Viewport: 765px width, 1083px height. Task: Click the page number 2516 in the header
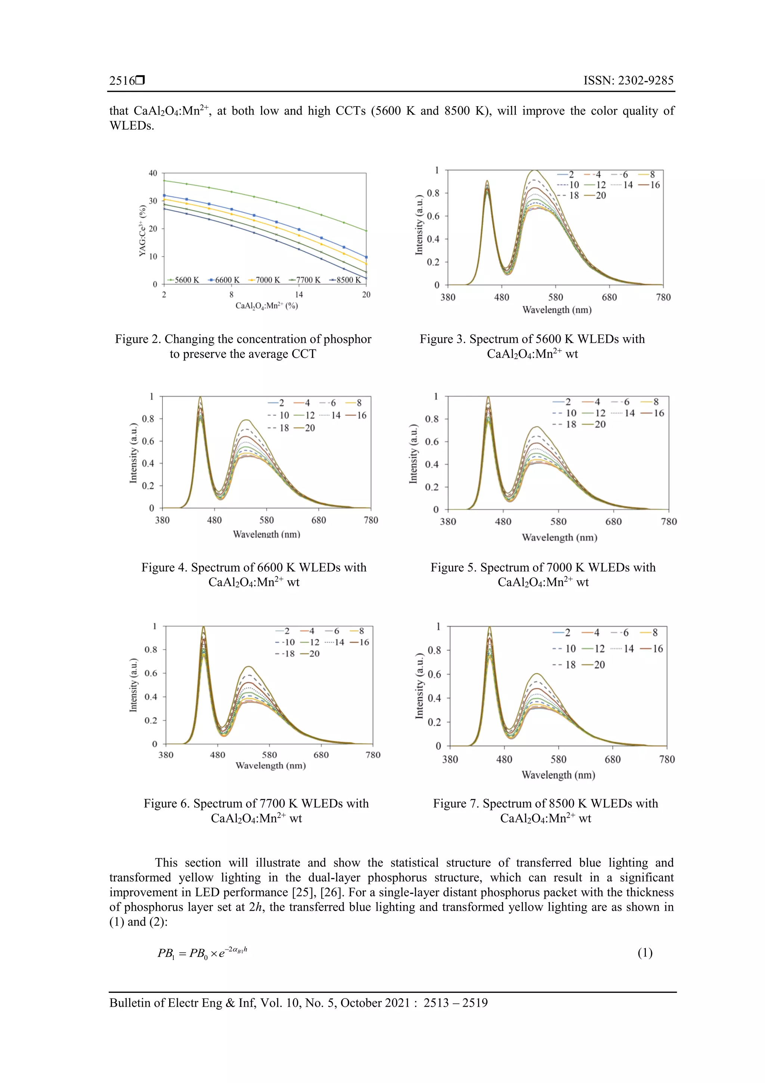(122, 81)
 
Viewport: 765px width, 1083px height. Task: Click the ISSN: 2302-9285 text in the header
(628, 81)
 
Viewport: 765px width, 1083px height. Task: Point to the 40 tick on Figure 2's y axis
(153, 173)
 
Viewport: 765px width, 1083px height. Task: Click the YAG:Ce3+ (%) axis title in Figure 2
(142, 230)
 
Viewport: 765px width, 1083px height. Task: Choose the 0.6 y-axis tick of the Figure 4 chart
(148, 441)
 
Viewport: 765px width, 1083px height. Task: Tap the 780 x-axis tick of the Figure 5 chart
(668, 522)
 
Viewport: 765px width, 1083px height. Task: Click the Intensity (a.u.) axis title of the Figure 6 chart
(133, 685)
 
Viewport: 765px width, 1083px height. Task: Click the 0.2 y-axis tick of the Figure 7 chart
(434, 722)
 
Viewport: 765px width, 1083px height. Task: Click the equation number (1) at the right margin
(645, 953)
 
